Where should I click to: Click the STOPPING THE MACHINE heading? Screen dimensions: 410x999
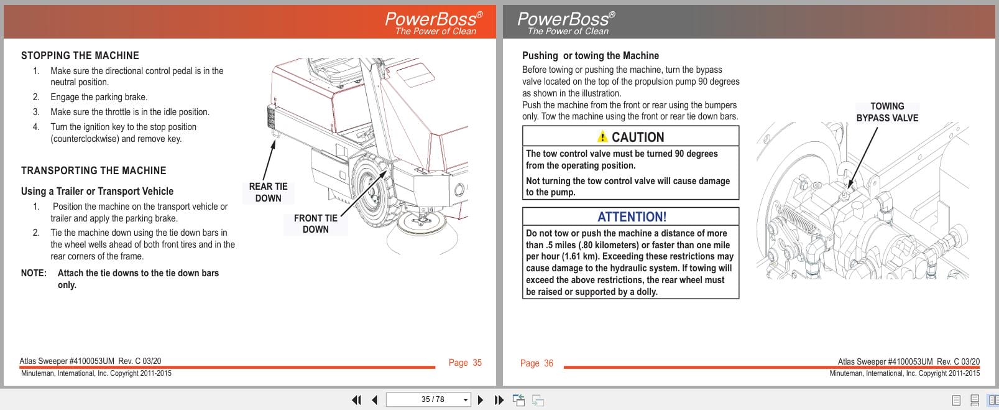click(80, 55)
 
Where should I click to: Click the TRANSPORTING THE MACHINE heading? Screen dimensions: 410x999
click(94, 170)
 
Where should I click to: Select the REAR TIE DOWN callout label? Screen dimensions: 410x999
click(268, 192)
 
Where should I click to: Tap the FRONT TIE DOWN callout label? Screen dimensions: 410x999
click(315, 223)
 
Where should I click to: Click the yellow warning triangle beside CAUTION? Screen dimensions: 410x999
click(602, 137)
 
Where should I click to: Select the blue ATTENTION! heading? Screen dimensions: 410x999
click(632, 217)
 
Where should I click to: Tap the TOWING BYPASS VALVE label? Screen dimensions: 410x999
click(887, 112)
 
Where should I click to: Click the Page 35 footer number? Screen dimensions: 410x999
click(465, 363)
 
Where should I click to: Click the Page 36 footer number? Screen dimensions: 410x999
click(536, 363)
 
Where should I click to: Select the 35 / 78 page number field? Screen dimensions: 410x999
click(427, 399)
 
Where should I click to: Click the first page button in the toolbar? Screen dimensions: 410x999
click(356, 400)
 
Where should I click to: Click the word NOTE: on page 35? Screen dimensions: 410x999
click(34, 273)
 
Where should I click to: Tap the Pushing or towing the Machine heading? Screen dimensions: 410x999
click(590, 55)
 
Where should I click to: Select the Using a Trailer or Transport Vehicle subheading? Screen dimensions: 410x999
click(97, 191)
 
